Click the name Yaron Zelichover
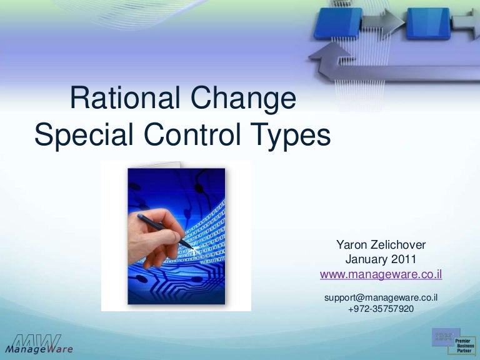click(x=381, y=245)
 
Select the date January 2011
click(x=381, y=259)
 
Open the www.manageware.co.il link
click(x=381, y=274)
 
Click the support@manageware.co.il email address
click(x=381, y=297)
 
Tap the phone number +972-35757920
click(x=381, y=308)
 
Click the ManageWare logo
click(x=39, y=344)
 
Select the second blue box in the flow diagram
click(x=429, y=23)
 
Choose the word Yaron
click(x=352, y=245)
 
